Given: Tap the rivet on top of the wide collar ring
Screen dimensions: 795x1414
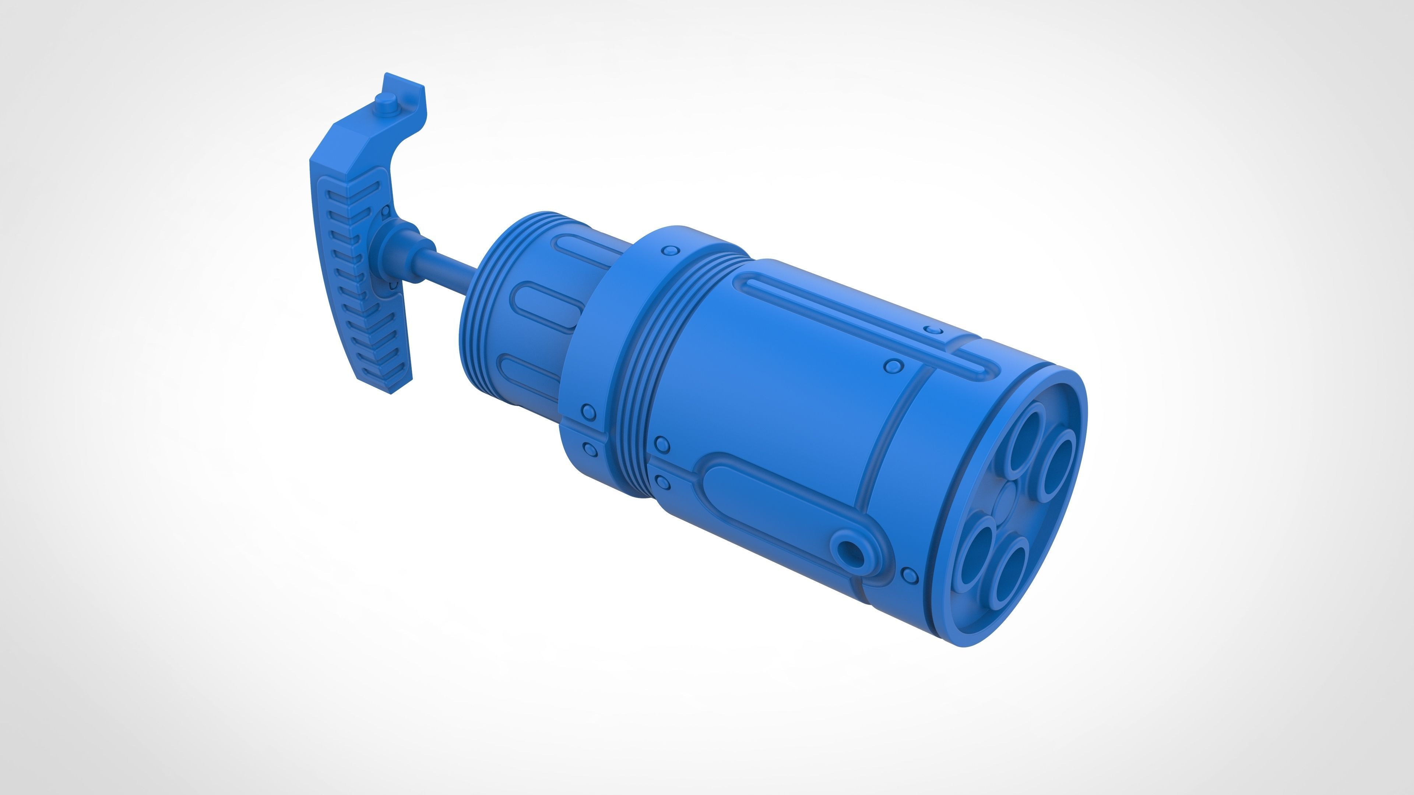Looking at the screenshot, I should (670, 251).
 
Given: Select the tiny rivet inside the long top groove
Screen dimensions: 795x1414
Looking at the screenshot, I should (933, 330).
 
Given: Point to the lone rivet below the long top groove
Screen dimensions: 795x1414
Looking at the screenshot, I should (894, 365).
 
